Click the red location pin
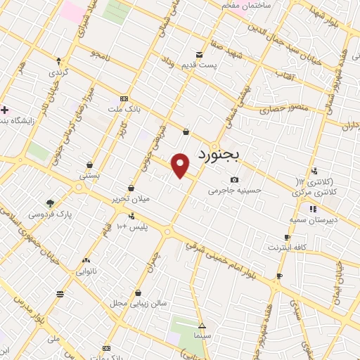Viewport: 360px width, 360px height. (x=181, y=165)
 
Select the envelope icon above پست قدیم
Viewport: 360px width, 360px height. (x=200, y=54)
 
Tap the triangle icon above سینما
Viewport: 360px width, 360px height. (x=202, y=326)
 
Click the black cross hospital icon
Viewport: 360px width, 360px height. (x=4, y=110)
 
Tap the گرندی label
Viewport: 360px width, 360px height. (x=58, y=72)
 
